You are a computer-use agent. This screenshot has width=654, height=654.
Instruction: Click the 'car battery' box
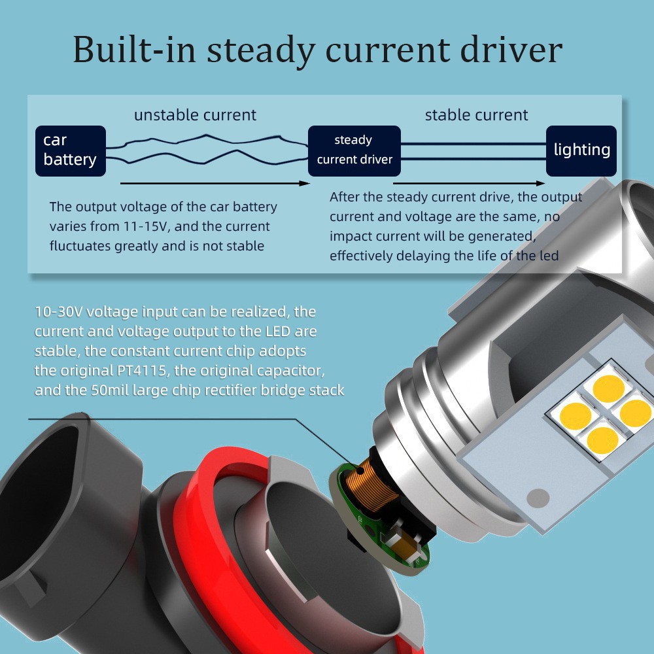pyautogui.click(x=71, y=150)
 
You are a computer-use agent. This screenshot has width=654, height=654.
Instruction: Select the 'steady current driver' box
pyautogui.click(x=354, y=150)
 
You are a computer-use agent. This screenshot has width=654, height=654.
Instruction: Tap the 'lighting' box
pyautogui.click(x=581, y=150)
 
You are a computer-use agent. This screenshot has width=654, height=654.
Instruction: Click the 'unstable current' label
pyautogui.click(x=195, y=114)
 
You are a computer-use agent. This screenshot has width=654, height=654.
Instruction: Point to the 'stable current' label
pyautogui.click(x=476, y=114)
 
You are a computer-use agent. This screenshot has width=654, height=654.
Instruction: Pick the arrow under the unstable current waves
pyautogui.click(x=215, y=183)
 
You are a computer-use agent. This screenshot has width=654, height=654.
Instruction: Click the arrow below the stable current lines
pyautogui.click(x=469, y=183)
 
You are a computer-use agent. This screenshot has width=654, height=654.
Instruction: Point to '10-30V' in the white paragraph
pyautogui.click(x=59, y=311)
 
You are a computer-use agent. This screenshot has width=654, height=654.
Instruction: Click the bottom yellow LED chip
pyautogui.click(x=602, y=440)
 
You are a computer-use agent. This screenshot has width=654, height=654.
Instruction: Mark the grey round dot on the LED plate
pyautogui.click(x=538, y=498)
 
